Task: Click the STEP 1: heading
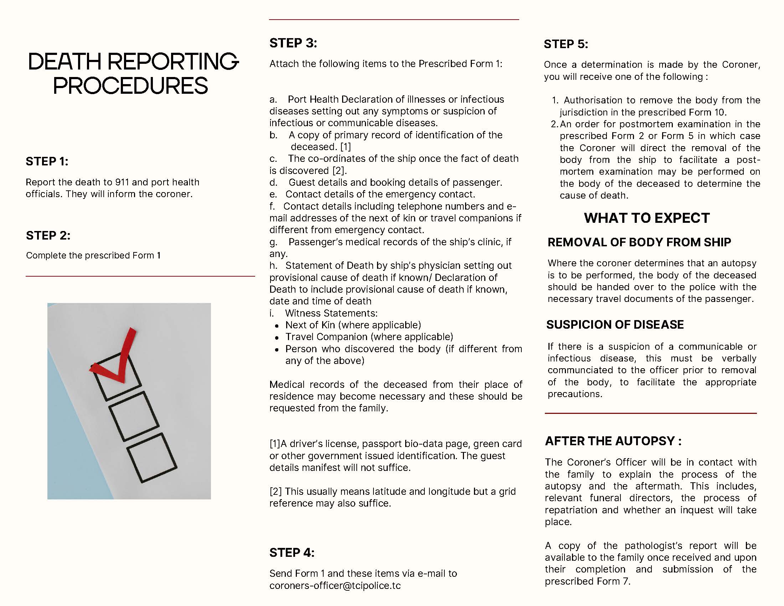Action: click(47, 161)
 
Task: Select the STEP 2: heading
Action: click(48, 236)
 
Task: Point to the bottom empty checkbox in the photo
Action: click(152, 458)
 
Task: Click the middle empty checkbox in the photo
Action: click(134, 416)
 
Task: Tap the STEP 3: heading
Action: click(293, 43)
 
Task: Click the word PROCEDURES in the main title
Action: click(130, 86)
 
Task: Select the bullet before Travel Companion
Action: click(277, 338)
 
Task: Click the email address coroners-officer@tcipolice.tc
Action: click(335, 586)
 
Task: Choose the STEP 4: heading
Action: click(292, 553)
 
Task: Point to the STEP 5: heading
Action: click(566, 44)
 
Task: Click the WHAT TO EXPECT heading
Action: click(646, 218)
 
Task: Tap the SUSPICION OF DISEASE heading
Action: click(615, 324)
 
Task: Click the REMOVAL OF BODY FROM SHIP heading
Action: click(639, 242)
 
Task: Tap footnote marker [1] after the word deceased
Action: click(345, 147)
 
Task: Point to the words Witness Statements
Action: click(331, 313)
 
